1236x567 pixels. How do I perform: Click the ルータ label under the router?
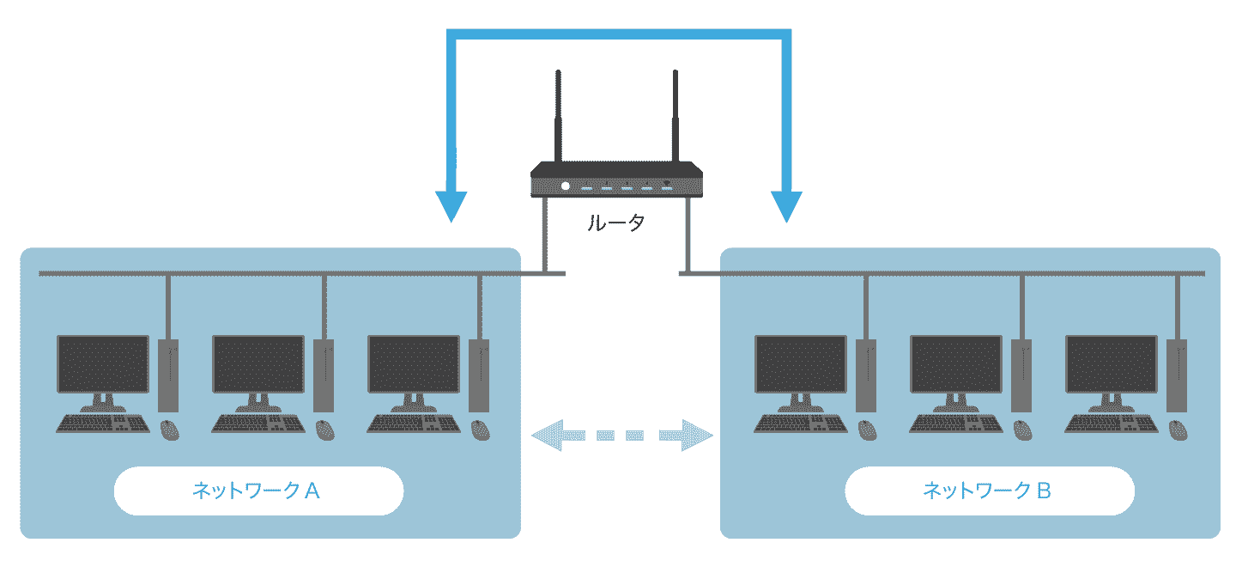615,223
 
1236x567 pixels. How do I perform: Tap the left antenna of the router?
559,117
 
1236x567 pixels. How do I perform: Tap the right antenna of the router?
675,117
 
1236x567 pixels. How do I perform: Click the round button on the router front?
565,186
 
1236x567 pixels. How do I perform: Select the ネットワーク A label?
257,491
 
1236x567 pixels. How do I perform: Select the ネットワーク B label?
989,491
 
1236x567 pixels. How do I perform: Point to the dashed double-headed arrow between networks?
622,435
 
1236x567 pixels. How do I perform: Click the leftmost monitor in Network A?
103,364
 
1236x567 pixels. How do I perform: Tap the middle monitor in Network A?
258,364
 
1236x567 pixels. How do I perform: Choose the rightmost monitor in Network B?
1111,364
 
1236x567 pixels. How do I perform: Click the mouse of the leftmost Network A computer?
170,430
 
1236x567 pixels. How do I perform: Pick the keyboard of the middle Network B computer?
954,424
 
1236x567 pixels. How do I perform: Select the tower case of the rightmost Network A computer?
479,375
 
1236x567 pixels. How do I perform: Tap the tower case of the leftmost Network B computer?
867,375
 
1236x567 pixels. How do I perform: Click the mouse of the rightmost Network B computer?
1178,430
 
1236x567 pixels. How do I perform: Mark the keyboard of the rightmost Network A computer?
412,424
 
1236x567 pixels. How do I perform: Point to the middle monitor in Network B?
955,364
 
